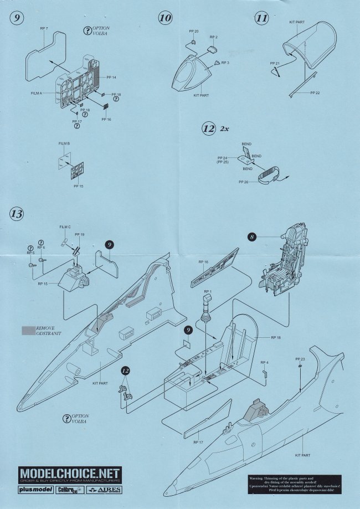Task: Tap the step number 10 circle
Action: (165, 18)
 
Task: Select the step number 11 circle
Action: (262, 18)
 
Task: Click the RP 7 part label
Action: (44, 28)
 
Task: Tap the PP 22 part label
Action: (315, 92)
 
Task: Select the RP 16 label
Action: (203, 261)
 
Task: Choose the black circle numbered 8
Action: (252, 236)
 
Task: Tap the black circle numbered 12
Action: (125, 369)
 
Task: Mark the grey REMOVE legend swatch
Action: (25, 331)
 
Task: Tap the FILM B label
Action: (65, 143)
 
